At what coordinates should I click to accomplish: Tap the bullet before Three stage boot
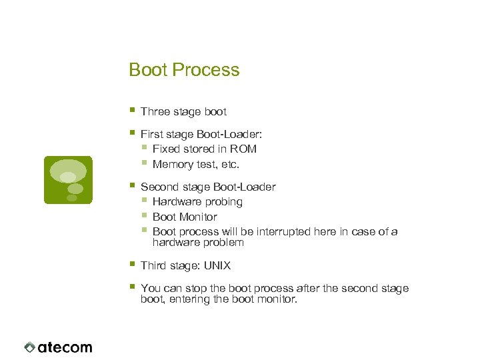(x=133, y=110)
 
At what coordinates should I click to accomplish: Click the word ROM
(x=244, y=149)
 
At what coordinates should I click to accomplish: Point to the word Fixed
(x=167, y=149)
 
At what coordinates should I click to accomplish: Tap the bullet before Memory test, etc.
(x=145, y=163)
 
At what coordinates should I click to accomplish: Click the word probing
(x=223, y=201)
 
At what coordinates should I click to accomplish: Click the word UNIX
(x=217, y=265)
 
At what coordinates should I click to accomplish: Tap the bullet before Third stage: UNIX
(x=133, y=264)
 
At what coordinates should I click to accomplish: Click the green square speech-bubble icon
(x=67, y=179)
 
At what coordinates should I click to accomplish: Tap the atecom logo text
(x=65, y=347)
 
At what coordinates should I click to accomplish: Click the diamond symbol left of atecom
(x=29, y=347)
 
